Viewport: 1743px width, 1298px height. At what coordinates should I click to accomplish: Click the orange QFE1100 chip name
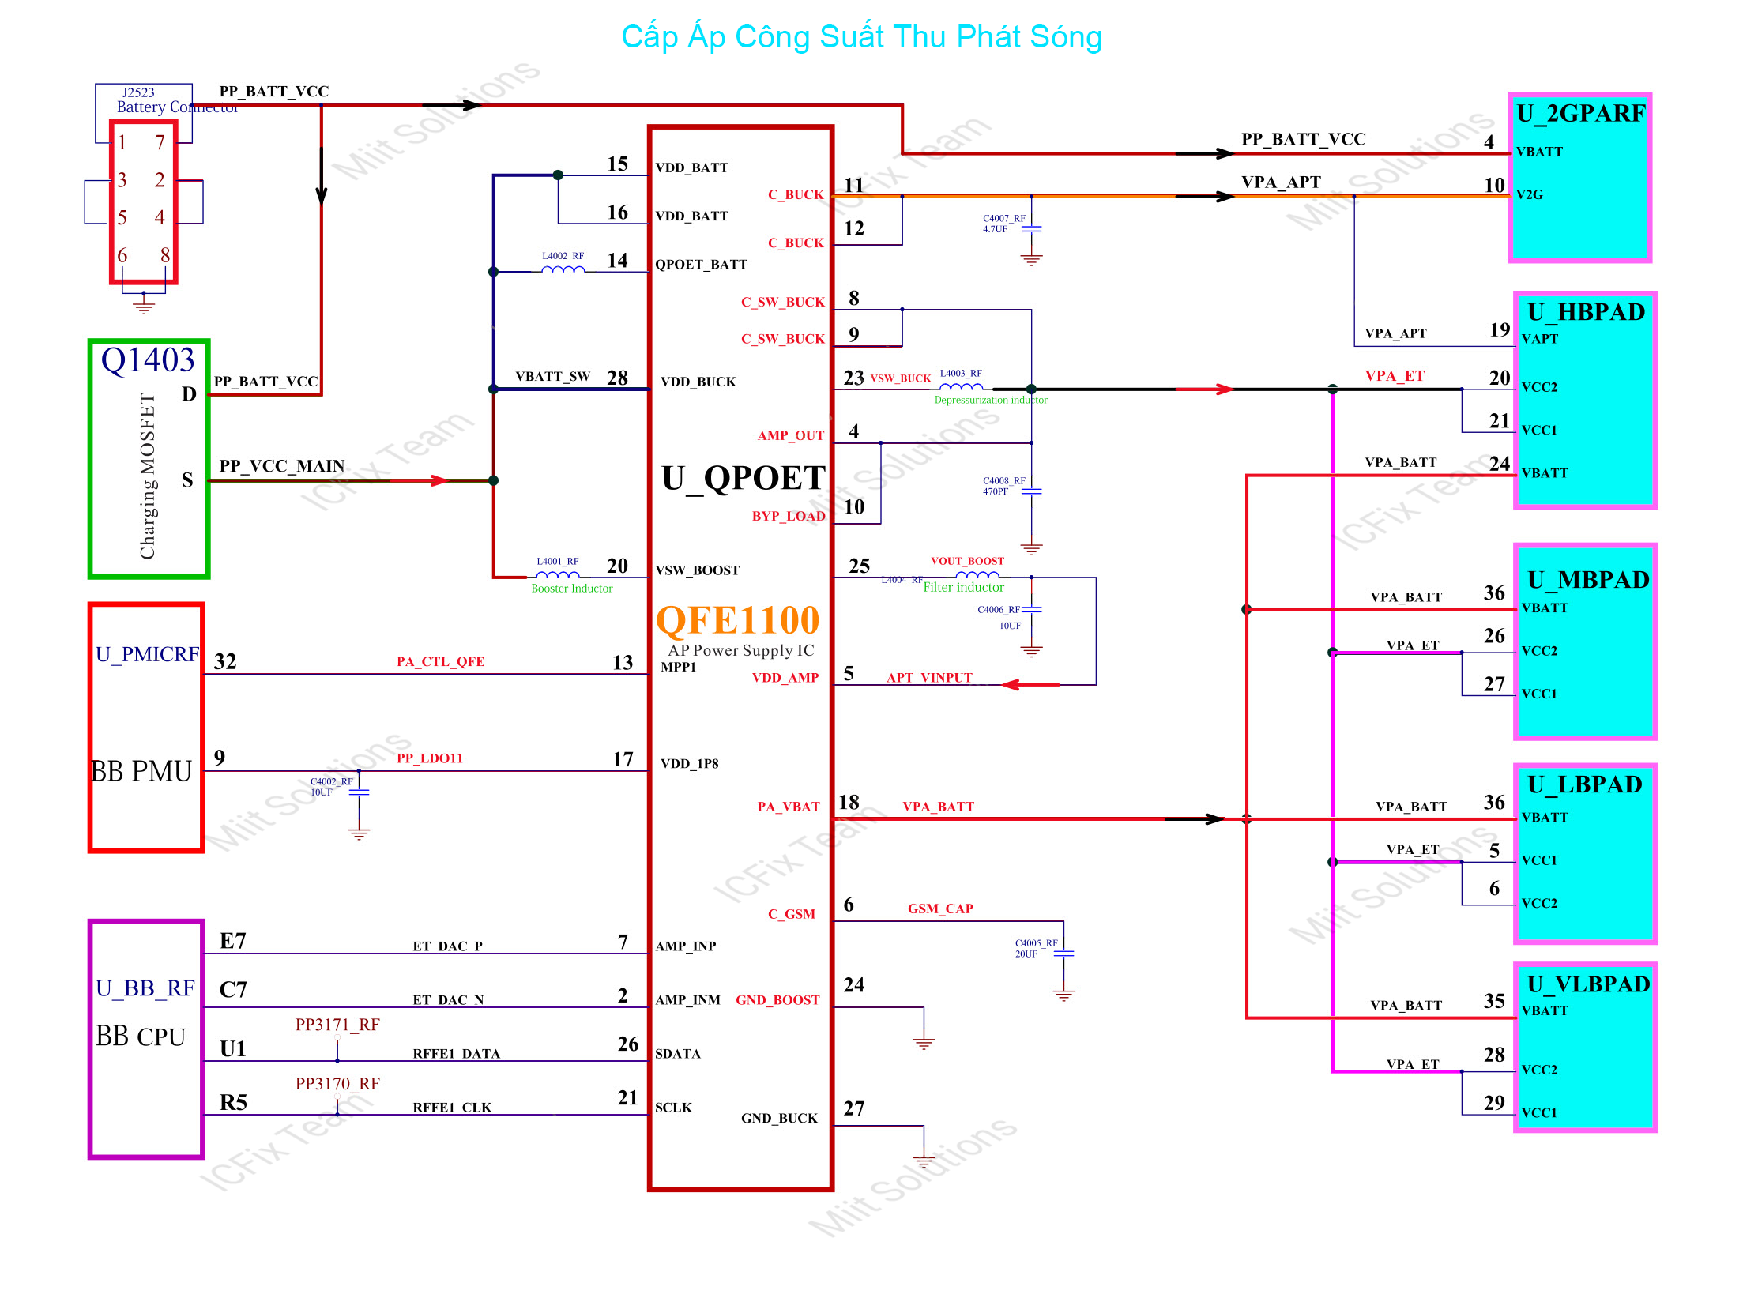[737, 620]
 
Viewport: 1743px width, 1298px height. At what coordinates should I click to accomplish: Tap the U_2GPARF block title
[1580, 114]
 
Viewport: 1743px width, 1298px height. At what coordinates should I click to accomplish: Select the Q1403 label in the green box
[148, 360]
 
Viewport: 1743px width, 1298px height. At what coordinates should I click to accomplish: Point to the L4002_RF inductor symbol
[563, 269]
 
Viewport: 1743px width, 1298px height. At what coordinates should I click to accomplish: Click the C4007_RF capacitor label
[1003, 218]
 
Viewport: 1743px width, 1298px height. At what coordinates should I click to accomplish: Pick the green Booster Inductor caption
[571, 589]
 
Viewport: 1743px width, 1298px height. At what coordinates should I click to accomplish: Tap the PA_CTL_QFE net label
[440, 662]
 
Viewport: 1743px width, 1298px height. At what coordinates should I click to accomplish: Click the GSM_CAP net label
[940, 909]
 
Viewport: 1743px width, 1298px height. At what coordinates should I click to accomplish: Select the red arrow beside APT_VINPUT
[1030, 684]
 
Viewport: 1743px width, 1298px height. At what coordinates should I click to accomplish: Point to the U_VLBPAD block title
[1588, 984]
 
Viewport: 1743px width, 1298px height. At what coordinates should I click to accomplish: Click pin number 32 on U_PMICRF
[225, 662]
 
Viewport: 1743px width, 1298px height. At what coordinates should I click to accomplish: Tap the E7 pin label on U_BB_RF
[233, 941]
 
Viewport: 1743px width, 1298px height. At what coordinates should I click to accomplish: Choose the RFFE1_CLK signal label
[452, 1108]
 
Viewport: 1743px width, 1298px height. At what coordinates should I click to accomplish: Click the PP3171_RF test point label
[337, 1025]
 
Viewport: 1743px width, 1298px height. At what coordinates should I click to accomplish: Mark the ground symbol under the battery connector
[144, 305]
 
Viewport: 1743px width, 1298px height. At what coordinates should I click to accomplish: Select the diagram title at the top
[861, 37]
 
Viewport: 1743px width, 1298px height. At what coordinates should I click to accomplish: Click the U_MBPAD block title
[1588, 580]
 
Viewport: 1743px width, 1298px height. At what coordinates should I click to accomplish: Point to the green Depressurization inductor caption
[991, 400]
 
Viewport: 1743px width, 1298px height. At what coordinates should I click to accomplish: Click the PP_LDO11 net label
[429, 758]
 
